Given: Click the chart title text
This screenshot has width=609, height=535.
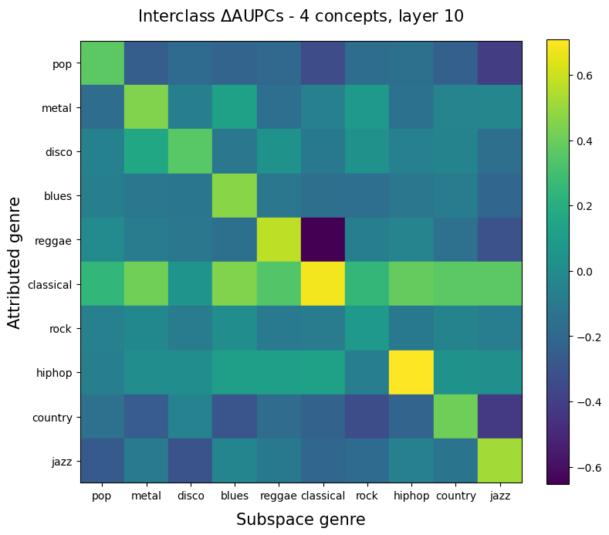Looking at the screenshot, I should point(301,16).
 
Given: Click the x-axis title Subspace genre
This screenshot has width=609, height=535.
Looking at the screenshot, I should point(301,520).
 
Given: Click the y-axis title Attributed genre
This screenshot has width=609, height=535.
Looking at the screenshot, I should point(15,262).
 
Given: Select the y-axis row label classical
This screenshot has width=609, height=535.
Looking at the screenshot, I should point(50,285).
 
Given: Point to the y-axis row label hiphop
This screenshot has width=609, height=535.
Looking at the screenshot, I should point(54,373).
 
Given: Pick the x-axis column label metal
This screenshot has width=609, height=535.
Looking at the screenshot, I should point(147,496).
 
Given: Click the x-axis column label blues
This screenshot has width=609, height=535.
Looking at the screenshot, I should point(235,496).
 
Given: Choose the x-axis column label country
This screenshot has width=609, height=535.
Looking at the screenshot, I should point(455,496).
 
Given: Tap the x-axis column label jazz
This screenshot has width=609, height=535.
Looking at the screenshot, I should point(499,496).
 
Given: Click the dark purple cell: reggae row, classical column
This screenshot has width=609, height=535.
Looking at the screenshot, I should point(323,241).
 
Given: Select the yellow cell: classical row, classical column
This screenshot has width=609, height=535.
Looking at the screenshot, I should point(323,285).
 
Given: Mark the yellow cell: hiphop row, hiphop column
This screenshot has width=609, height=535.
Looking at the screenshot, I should point(411,373).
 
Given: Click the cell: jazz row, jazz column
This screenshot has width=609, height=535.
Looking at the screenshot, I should point(499,462).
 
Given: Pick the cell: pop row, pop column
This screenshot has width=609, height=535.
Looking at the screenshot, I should point(103,64).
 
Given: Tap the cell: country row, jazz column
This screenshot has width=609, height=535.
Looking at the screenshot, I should point(499,418).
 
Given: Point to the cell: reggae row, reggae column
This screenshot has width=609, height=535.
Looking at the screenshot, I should point(279,241).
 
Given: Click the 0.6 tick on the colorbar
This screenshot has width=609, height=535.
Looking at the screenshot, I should point(585,76).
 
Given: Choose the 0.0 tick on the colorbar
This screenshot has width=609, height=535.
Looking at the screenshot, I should point(585,272).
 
